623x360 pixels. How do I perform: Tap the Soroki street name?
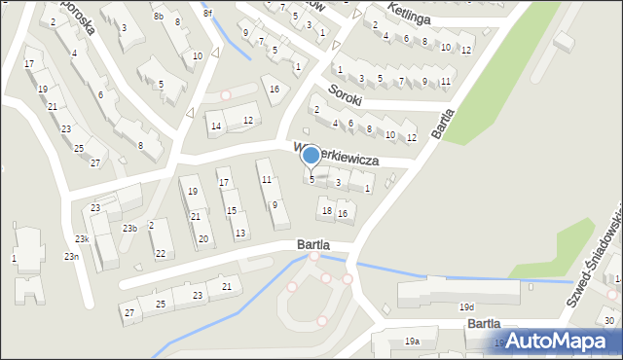(x=346, y=95)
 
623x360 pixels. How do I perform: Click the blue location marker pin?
(x=311, y=156)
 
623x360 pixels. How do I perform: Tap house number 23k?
(x=84, y=238)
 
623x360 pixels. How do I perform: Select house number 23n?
(x=71, y=256)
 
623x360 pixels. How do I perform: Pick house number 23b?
(x=129, y=228)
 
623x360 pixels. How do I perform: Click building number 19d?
(x=467, y=307)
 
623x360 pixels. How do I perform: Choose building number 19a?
(x=413, y=342)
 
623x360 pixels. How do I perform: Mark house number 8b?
(x=158, y=17)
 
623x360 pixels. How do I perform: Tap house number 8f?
(x=207, y=12)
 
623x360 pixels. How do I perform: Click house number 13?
(x=240, y=233)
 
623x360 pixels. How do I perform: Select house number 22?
(x=161, y=254)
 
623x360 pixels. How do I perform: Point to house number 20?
(x=202, y=238)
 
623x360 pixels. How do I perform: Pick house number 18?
(x=327, y=210)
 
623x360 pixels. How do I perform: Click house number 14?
(x=216, y=126)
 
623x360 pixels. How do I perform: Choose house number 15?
(x=231, y=210)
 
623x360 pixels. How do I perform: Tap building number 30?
(x=609, y=321)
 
